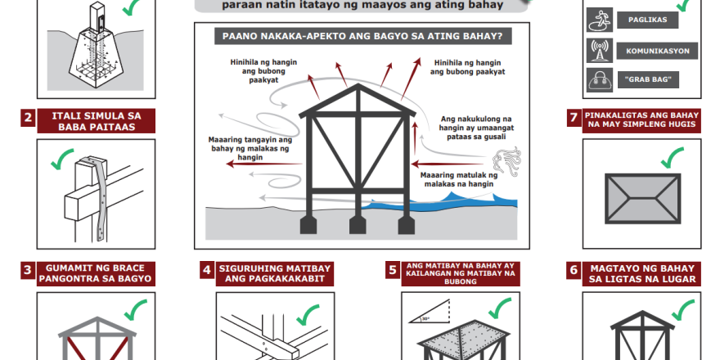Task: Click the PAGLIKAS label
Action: click(647, 20)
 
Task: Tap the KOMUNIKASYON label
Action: click(657, 51)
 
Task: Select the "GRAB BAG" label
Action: click(648, 80)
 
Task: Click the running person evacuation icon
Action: click(599, 20)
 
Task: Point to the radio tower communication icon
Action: click(599, 51)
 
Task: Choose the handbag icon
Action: click(599, 80)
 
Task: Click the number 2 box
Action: click(28, 117)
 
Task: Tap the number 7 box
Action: click(574, 118)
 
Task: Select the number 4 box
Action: click(207, 269)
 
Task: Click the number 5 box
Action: click(393, 270)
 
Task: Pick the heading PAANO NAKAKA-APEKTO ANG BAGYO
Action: click(362, 36)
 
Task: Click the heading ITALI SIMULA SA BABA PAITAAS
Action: click(96, 121)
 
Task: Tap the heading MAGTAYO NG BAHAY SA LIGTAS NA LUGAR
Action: click(642, 274)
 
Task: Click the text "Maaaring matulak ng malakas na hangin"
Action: click(459, 179)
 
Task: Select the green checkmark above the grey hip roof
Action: click(673, 157)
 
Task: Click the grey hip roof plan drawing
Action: click(643, 198)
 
